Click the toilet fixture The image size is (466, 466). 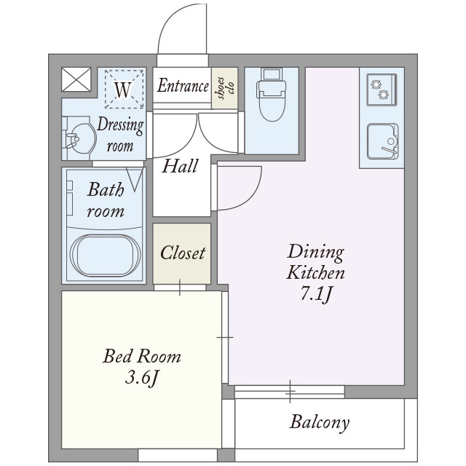272,95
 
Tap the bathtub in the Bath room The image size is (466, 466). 105,256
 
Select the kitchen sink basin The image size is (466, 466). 382,141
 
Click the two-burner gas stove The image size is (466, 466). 382,90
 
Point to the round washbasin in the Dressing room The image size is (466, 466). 80,138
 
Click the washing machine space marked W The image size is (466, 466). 124,89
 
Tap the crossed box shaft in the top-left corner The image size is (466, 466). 76,79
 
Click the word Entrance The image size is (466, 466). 183,86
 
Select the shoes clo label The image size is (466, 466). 226,87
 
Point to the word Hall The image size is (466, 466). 180,166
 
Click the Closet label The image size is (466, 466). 183,253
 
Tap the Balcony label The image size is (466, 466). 320,422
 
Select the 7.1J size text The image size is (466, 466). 315,294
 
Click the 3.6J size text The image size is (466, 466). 141,379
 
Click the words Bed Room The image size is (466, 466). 141,356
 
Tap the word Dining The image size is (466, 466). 315,252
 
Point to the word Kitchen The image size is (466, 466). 315,273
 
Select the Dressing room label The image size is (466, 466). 120,135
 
